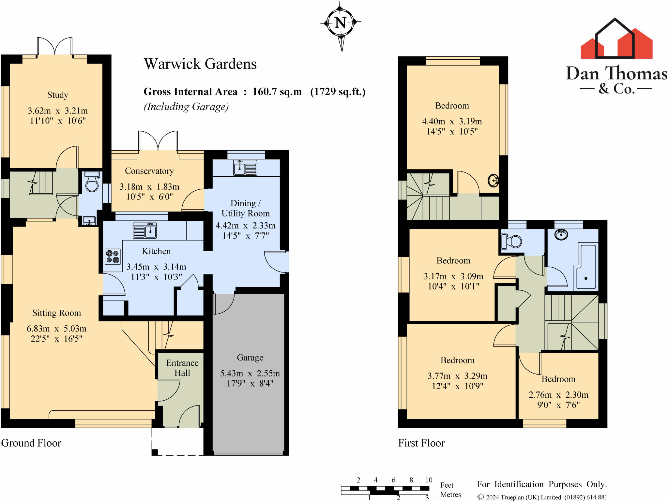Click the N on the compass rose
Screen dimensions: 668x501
click(x=341, y=23)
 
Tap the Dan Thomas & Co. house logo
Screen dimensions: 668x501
click(x=616, y=38)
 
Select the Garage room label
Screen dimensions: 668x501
click(x=250, y=358)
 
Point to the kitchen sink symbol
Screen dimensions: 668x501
click(x=145, y=230)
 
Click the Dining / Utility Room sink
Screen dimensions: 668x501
click(x=245, y=168)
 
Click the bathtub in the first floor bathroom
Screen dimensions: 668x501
click(x=586, y=267)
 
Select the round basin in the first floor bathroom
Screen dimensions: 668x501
click(x=561, y=234)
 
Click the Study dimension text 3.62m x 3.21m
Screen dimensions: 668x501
click(x=58, y=111)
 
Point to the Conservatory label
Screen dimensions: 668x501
click(x=149, y=171)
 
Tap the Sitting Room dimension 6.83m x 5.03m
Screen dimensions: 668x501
click(x=57, y=329)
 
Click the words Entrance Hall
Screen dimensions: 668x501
click(x=182, y=368)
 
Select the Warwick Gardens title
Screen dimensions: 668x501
click(x=200, y=64)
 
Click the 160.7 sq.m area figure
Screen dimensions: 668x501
click(x=277, y=92)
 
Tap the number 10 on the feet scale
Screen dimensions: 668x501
click(x=429, y=480)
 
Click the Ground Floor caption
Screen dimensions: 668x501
click(x=31, y=443)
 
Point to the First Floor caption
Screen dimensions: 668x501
click(x=421, y=443)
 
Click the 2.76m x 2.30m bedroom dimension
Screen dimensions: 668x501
click(x=558, y=395)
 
